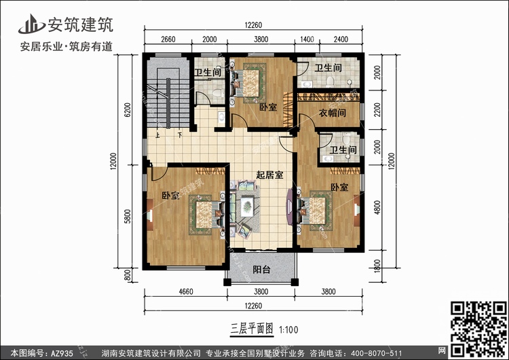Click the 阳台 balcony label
point(262,270)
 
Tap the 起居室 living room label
point(269,175)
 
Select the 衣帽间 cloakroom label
point(332,113)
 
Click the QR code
point(478,328)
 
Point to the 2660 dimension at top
point(168,39)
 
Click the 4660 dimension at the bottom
point(186,291)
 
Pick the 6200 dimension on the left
point(128,110)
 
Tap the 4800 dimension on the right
point(377,208)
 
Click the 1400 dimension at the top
point(307,39)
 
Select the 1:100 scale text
point(288,330)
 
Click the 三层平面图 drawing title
point(252,329)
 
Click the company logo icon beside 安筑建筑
point(31,24)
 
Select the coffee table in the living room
point(247,206)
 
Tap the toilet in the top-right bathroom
point(331,82)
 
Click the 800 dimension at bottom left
point(128,276)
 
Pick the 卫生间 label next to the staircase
point(208,72)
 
